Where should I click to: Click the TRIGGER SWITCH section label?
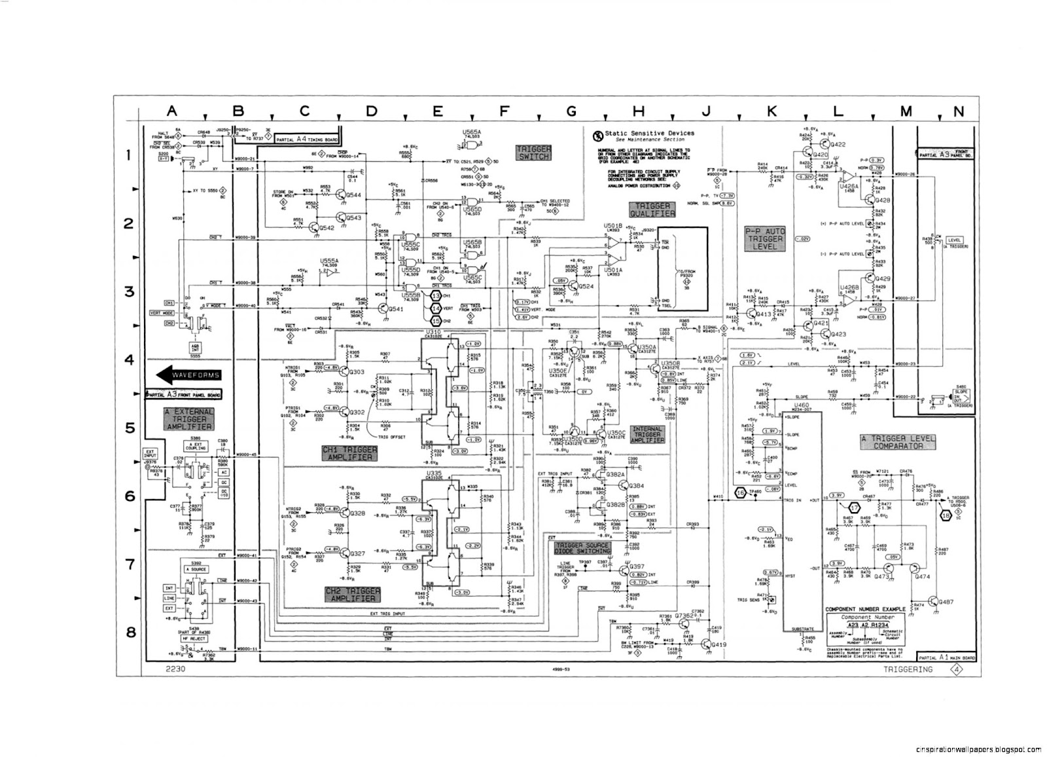point(534,153)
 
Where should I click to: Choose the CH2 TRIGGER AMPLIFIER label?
point(351,594)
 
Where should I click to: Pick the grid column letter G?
point(571,111)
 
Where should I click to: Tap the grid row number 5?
point(130,428)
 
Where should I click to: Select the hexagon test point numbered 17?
point(853,507)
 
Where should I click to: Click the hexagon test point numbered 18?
point(946,515)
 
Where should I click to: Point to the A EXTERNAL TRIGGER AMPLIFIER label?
point(188,419)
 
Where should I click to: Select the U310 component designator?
point(433,333)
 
